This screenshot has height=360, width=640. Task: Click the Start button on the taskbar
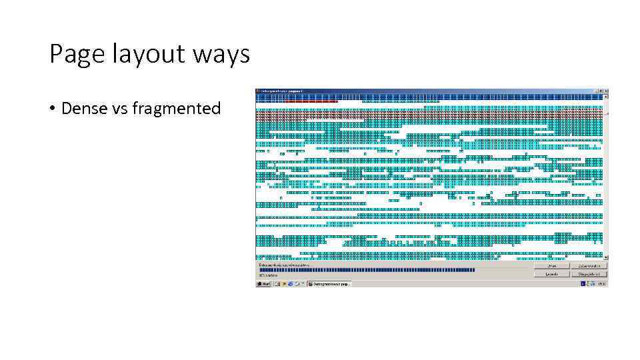tap(264, 284)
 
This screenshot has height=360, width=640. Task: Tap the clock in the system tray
tap(601, 284)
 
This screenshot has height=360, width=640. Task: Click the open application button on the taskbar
tap(329, 284)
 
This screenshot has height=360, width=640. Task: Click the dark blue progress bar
tap(367, 270)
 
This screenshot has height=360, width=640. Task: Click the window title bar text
tap(282, 91)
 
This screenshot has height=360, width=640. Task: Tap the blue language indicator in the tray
tap(583, 284)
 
